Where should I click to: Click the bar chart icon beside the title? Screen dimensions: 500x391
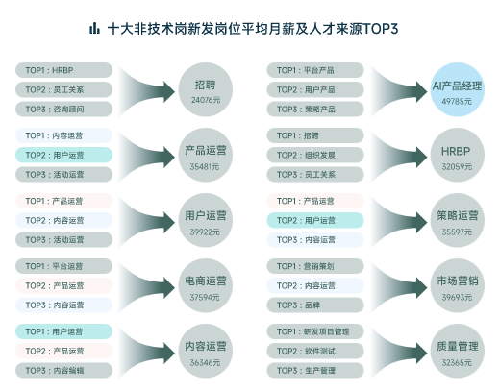(x=94, y=28)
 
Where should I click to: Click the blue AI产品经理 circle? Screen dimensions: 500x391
(x=458, y=89)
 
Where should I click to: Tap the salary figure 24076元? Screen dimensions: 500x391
(x=206, y=100)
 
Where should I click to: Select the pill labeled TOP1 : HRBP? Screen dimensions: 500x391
(x=63, y=70)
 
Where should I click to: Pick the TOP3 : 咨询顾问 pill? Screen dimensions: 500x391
(x=63, y=110)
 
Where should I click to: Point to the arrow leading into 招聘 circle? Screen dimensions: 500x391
(x=147, y=91)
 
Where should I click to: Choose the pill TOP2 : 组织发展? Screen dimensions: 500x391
(x=315, y=155)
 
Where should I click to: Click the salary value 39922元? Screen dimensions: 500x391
(x=205, y=232)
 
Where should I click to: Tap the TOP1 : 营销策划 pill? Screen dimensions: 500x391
(x=315, y=266)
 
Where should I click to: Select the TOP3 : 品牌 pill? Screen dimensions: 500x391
(x=315, y=305)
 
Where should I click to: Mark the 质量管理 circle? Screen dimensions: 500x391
(x=458, y=351)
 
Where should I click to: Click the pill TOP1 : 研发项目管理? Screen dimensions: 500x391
(x=315, y=331)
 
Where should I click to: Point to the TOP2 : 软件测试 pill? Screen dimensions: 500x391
(x=315, y=351)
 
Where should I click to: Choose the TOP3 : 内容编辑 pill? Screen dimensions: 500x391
(x=63, y=371)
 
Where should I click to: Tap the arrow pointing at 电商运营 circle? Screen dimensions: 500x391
(x=147, y=287)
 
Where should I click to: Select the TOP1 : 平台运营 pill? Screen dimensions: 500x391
(x=63, y=266)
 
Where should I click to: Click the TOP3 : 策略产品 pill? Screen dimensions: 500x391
(x=315, y=110)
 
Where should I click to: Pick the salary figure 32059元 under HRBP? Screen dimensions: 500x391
(x=457, y=166)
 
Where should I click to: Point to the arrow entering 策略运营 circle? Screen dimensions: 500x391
(x=399, y=222)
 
